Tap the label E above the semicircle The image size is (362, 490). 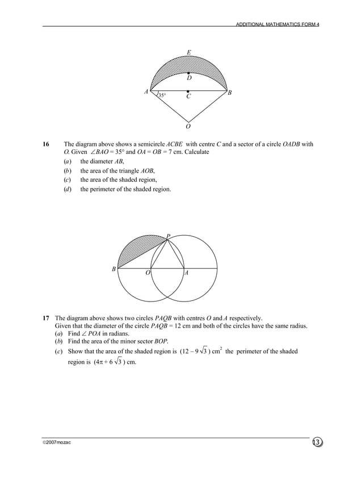tap(189, 53)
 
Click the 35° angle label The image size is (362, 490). tap(162, 95)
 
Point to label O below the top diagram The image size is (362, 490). tap(188, 126)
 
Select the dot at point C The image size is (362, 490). tap(188, 91)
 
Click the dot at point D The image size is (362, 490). tap(188, 73)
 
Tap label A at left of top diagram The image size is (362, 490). tap(146, 91)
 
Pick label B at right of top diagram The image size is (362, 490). tap(229, 92)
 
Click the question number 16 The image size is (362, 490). tap(47, 144)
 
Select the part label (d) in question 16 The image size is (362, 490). tap(67, 189)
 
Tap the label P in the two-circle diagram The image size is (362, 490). tap(168, 236)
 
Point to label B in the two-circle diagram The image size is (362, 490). tap(113, 269)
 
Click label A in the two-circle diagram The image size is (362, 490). tap(187, 273)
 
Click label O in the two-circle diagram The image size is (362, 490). tap(148, 273)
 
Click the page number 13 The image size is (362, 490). tap(316, 442)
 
